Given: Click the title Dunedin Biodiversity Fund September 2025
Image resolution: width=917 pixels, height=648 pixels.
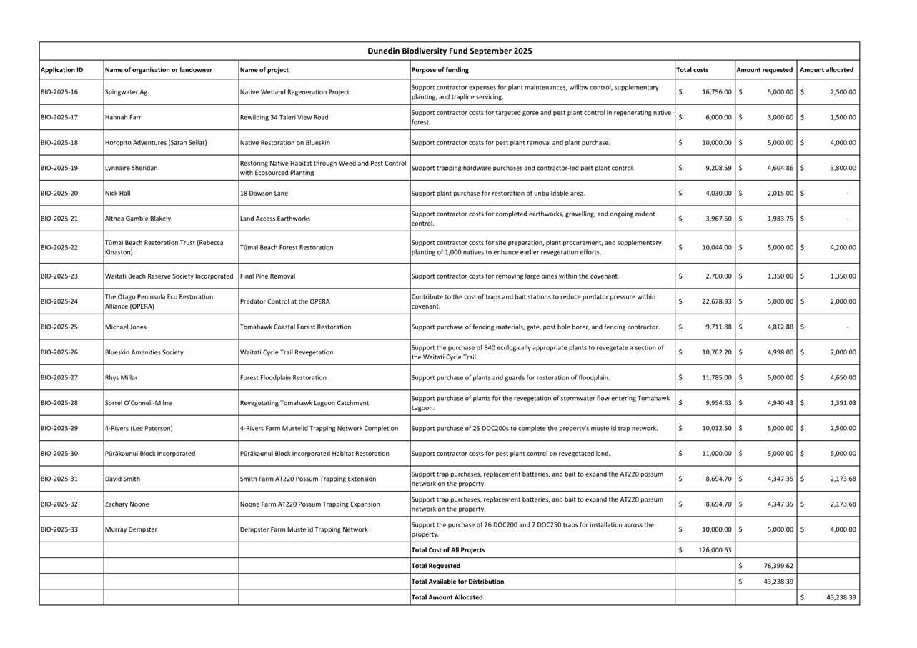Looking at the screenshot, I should [x=450, y=51].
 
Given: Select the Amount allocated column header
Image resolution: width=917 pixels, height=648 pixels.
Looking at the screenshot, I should [x=826, y=70].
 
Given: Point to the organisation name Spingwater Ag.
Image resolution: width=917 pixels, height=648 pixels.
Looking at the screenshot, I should [x=127, y=92].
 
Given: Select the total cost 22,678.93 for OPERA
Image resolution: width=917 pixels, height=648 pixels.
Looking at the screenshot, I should [x=716, y=301].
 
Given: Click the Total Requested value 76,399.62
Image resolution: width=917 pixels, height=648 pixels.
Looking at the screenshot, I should [x=778, y=566].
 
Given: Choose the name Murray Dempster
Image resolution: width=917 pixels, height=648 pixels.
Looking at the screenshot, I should [x=131, y=529].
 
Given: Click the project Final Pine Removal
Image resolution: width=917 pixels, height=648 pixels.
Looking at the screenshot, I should [x=267, y=276].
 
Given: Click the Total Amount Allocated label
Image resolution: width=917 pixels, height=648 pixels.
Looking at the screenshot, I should [x=447, y=597].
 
